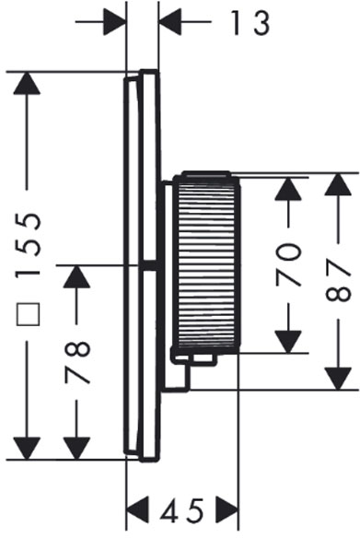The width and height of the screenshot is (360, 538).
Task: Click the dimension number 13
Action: tap(250, 23)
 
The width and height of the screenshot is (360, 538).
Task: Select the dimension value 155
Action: tap(29, 246)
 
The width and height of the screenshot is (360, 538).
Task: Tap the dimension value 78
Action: tap(77, 362)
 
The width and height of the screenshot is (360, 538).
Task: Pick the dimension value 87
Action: tap(338, 280)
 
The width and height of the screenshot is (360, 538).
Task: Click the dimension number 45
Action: tap(182, 509)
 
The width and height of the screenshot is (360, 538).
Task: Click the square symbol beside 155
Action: tap(29, 314)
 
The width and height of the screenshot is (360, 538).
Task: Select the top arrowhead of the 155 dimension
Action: tap(27, 83)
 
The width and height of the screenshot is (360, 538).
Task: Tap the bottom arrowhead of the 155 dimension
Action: tap(27, 448)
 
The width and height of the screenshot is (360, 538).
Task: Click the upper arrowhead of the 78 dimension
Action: tap(76, 276)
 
